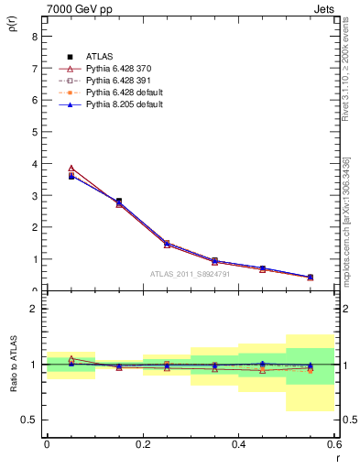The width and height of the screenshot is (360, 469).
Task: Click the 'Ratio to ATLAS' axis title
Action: point(12,364)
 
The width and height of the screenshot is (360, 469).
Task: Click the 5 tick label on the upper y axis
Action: point(34,132)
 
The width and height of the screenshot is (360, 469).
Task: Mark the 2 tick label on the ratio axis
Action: point(34,309)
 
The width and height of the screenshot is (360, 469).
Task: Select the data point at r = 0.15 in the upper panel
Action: point(119,202)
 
